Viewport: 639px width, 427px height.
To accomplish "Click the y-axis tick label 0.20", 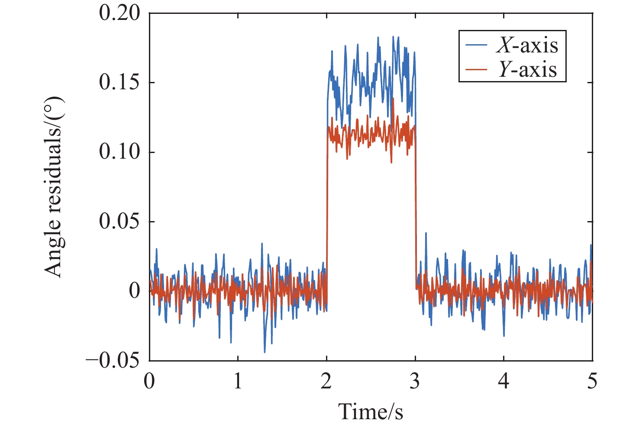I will (119, 13).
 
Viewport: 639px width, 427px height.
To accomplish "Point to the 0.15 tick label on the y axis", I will (119, 83).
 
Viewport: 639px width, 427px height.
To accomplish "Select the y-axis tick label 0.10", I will (119, 152).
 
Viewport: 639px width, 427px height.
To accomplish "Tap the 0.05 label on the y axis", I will (119, 222).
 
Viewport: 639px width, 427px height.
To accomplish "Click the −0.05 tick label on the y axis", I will (113, 361).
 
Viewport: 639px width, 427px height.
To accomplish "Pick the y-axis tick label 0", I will (135, 291).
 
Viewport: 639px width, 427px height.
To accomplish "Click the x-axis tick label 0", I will (149, 381).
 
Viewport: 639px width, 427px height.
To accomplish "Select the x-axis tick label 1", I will (238, 381).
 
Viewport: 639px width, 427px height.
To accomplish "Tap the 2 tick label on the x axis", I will (326, 381).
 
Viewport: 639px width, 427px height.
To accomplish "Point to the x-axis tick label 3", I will (415, 381).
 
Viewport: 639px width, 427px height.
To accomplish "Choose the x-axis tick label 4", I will (504, 381).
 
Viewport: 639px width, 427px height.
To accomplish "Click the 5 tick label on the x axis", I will (592, 381).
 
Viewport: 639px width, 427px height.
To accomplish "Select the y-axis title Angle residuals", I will (54, 187).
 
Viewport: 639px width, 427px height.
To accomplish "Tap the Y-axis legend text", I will (527, 69).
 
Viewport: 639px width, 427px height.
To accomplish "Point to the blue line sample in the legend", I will (477, 45).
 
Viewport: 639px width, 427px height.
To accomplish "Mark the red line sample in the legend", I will (477, 69).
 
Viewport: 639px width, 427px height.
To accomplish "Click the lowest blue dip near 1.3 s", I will (265, 352).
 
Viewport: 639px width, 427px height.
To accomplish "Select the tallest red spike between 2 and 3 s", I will (393, 98).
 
